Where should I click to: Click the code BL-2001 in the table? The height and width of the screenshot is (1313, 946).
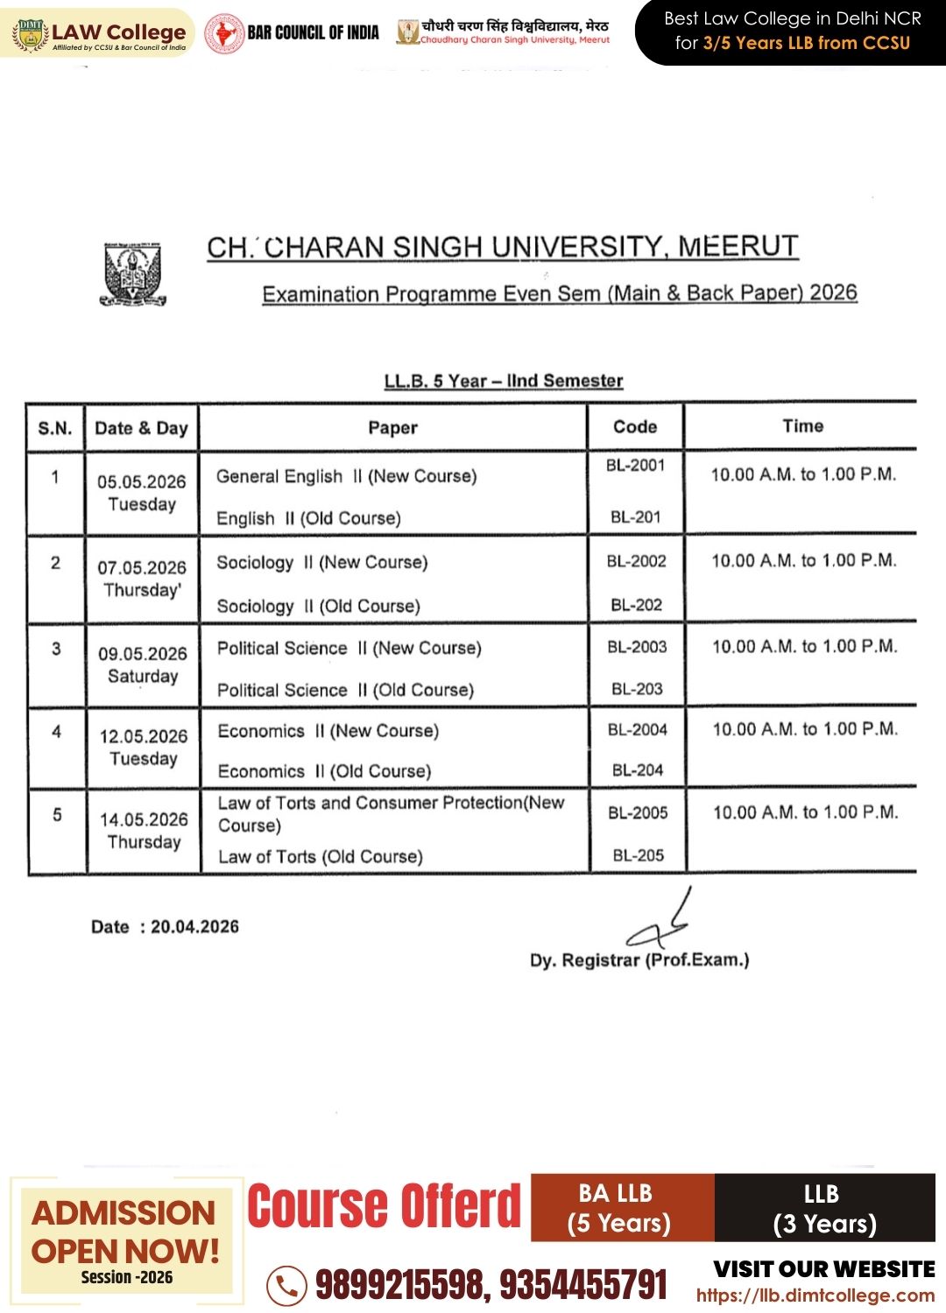pos(635,466)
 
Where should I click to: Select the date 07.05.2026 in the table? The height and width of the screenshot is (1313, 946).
pos(142,567)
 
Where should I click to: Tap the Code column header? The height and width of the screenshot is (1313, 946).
pos(635,426)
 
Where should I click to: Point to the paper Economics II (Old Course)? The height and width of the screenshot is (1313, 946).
pos(324,771)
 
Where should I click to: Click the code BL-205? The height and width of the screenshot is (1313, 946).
pos(638,855)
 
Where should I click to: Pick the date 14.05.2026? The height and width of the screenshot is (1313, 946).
pos(144,819)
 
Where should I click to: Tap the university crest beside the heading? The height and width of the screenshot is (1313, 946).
pos(133,274)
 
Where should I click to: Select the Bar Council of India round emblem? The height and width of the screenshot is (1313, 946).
pos(224,33)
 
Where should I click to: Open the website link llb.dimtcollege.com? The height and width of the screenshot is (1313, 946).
pos(815,1295)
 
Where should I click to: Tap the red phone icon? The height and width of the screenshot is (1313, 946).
pos(286,1286)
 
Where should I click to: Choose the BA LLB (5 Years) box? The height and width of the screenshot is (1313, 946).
pos(618,1208)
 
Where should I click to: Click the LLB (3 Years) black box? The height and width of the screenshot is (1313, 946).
pos(824,1208)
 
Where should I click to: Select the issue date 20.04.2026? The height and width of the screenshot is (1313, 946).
pos(194,927)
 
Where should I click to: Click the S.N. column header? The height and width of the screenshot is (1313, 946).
pos(55,428)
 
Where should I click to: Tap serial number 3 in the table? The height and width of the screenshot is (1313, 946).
pos(57,649)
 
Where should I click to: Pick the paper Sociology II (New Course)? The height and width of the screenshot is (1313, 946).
pos(322,562)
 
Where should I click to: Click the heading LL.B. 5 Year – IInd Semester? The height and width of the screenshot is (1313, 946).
pos(504,381)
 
